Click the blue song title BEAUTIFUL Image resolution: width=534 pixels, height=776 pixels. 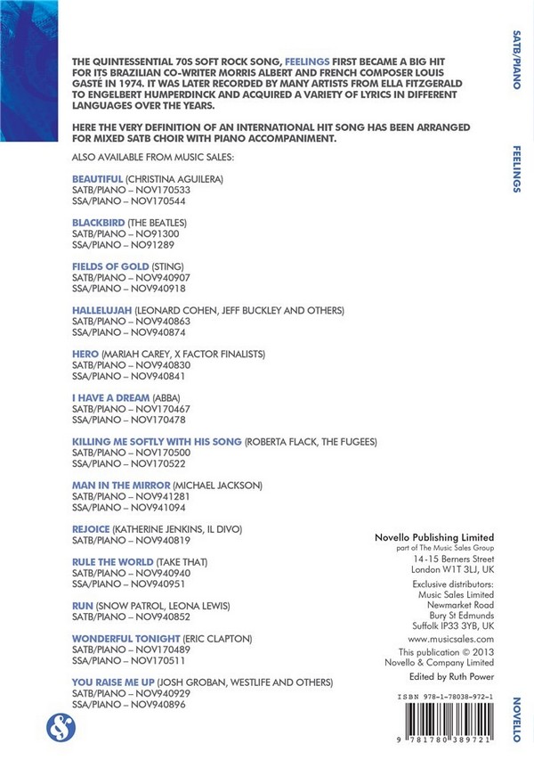click(x=97, y=179)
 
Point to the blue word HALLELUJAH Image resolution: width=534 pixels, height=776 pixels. click(x=101, y=309)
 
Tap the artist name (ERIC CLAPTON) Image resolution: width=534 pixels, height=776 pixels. click(x=218, y=639)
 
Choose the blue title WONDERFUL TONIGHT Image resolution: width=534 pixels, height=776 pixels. click(x=125, y=639)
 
